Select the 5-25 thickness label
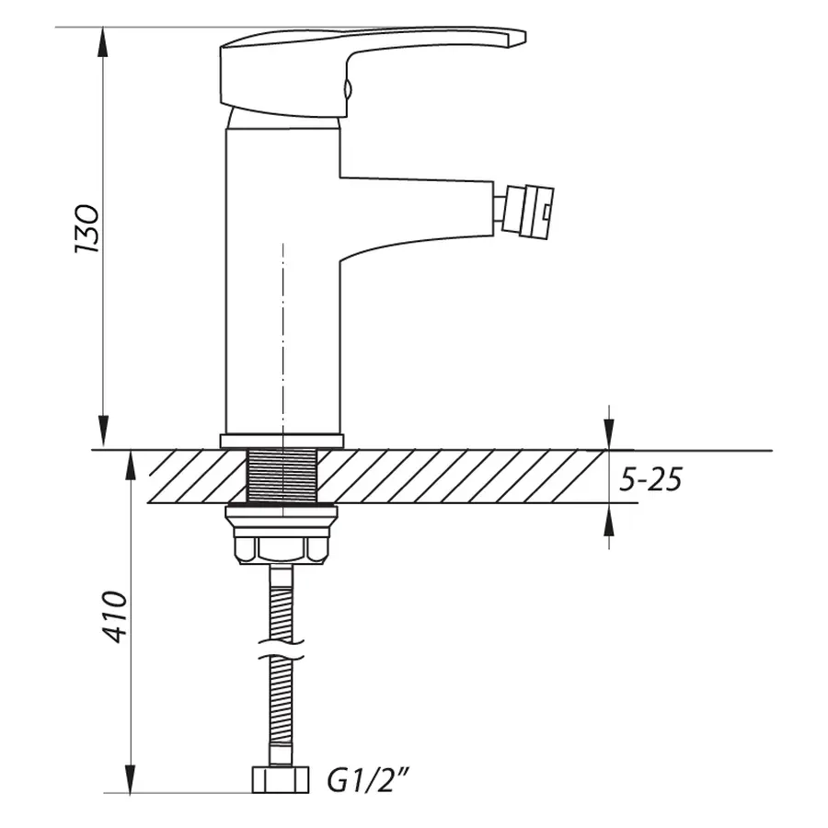point(650,478)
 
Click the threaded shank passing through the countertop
point(282,477)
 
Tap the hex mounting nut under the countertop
point(282,549)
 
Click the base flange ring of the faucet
point(282,441)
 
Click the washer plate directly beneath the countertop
point(282,512)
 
